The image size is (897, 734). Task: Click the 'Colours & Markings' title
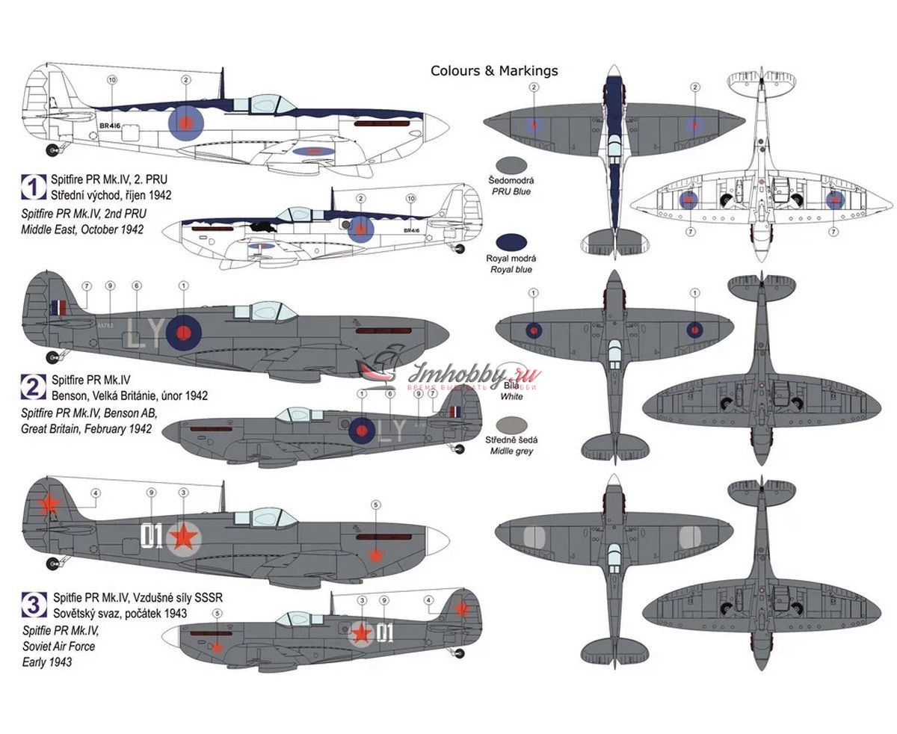click(494, 71)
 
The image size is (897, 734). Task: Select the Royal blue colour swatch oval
click(516, 241)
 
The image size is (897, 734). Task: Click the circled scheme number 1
click(34, 187)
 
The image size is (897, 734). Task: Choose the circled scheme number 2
click(34, 386)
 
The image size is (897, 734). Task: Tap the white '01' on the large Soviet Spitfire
click(152, 536)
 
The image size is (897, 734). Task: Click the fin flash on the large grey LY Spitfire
click(58, 306)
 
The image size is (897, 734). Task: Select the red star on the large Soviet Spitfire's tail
click(49, 505)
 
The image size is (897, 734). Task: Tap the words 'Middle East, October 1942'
click(82, 229)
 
